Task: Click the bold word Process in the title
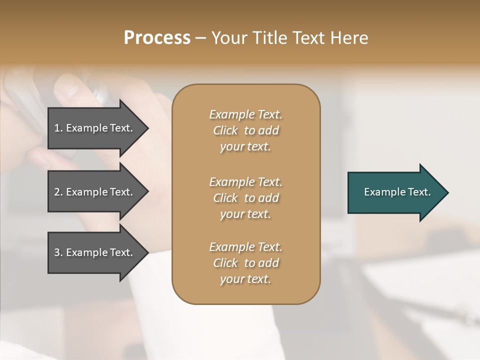pos(157,38)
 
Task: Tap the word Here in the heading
pos(349,38)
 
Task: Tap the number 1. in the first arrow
pos(58,128)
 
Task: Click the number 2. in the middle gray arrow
pos(58,192)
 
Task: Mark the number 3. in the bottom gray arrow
pos(58,252)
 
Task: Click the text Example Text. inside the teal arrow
pos(397,192)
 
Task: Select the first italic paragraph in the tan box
pos(245,130)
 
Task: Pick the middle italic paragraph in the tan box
pos(245,198)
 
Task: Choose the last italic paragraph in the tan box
pos(245,263)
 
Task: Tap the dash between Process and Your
pos(200,38)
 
